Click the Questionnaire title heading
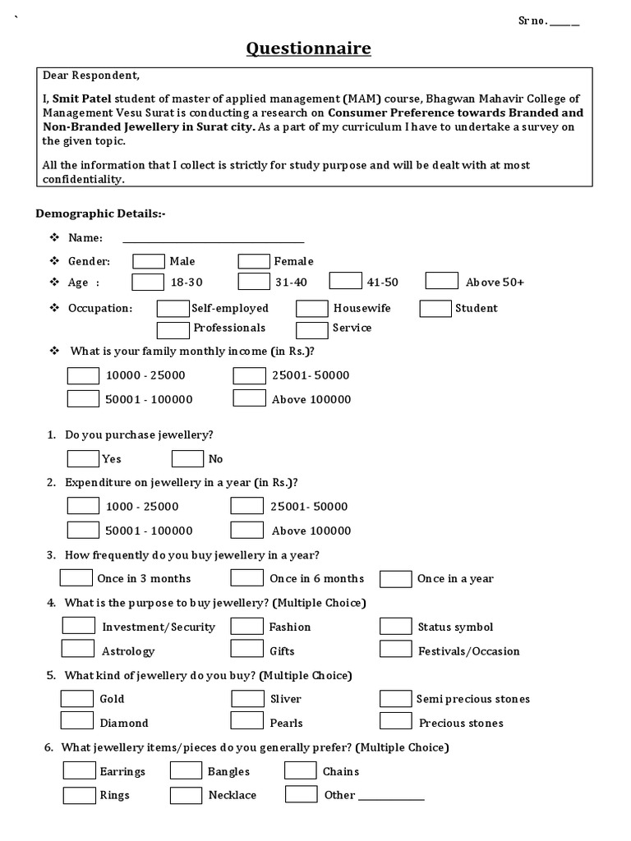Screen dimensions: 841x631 pos(308,49)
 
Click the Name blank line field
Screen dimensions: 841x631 pos(213,240)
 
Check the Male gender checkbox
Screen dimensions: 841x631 pos(149,261)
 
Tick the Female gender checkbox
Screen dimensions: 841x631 pos(254,261)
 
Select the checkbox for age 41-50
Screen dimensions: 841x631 pos(345,282)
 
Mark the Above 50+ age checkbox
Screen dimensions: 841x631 pos(442,282)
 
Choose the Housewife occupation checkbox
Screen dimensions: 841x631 pos(312,309)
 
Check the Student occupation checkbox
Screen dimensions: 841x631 pos(435,309)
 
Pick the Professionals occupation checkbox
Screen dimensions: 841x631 pos(173,329)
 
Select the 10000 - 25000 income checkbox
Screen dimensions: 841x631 pos(83,375)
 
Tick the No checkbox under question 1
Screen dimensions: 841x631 pos(187,458)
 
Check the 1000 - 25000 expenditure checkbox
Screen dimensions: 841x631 pos(83,506)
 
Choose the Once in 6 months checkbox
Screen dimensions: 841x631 pos(246,578)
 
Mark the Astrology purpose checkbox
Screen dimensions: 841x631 pos(78,650)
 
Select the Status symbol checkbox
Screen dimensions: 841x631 pos(395,627)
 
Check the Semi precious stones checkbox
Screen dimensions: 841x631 pos(395,699)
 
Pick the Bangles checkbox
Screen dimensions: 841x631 pos(186,771)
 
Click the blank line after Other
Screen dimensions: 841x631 pos(391,797)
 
